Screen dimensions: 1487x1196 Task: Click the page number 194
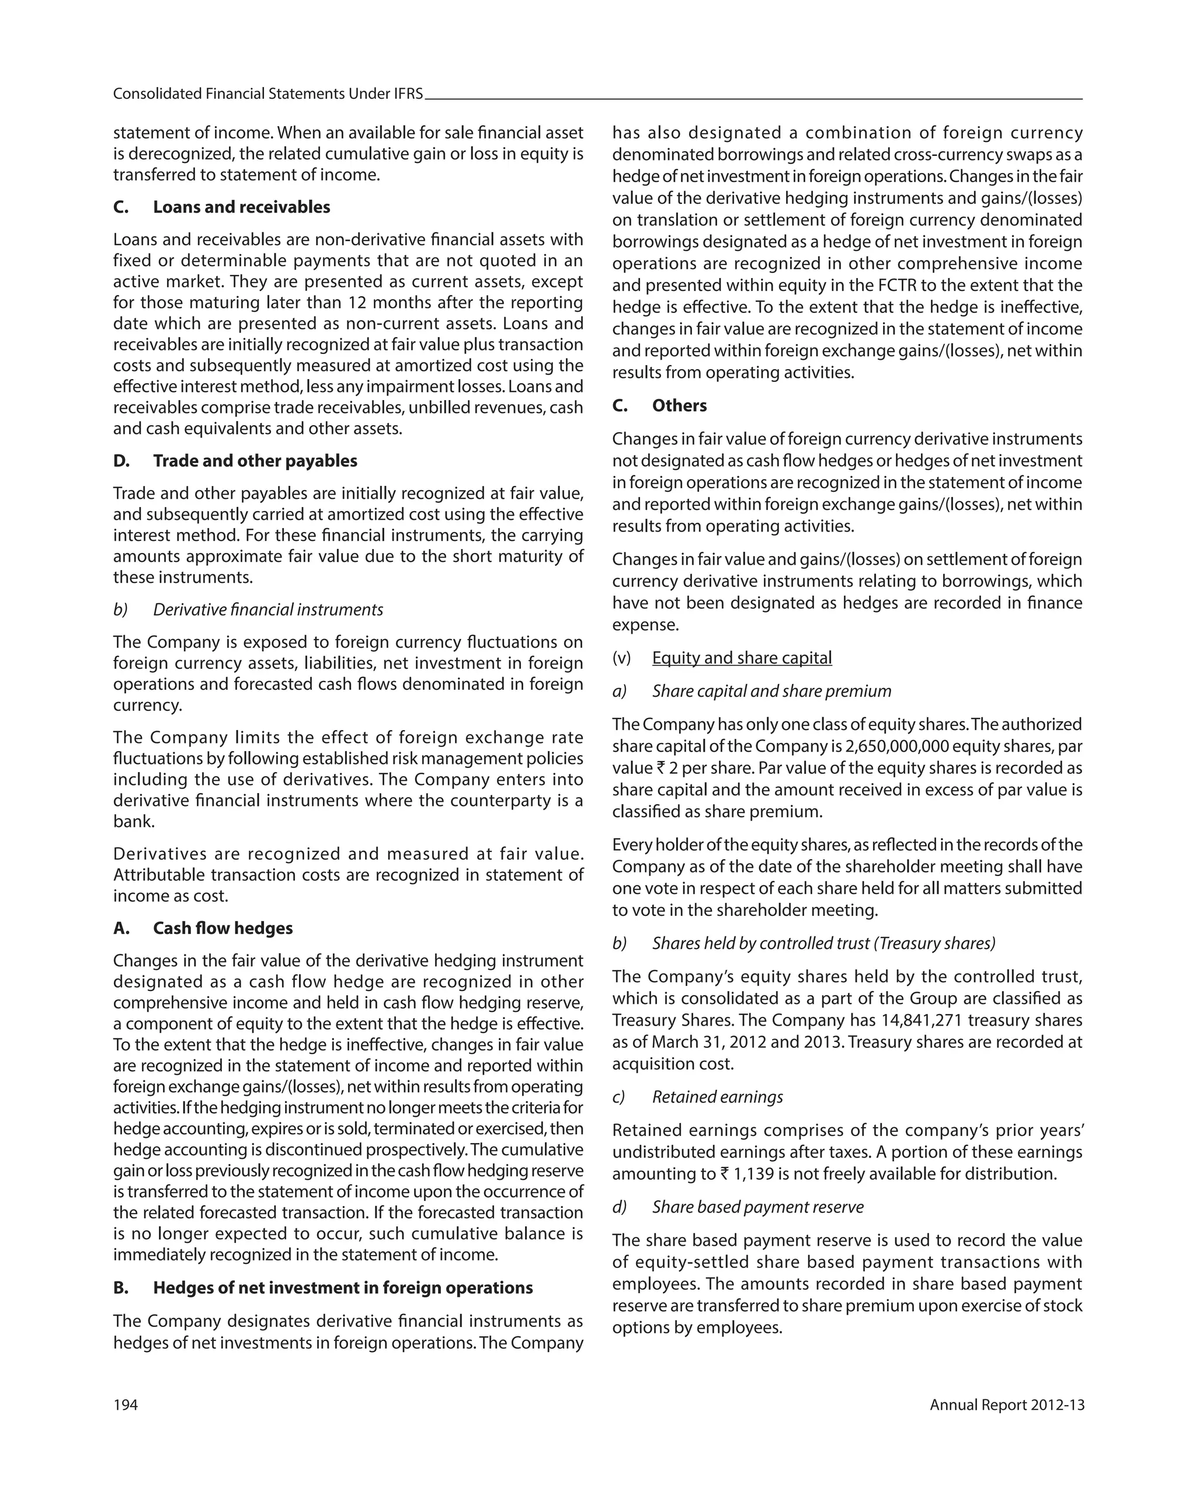point(126,1405)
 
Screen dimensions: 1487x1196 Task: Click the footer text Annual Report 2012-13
point(1006,1405)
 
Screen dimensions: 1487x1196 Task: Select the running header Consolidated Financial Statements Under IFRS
point(267,94)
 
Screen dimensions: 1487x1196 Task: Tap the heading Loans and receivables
point(241,207)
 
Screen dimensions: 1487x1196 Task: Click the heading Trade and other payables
point(255,461)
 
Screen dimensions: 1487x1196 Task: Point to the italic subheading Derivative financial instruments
point(267,610)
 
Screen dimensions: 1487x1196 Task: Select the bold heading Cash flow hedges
point(222,928)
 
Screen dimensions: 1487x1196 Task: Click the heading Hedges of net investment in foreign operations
point(342,1288)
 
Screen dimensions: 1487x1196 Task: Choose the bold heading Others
point(679,405)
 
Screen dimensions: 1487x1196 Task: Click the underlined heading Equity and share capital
point(742,658)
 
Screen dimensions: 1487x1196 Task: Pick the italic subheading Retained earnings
point(717,1097)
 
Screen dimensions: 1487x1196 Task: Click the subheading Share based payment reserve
point(757,1207)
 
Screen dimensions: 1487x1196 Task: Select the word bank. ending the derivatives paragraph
point(134,821)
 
